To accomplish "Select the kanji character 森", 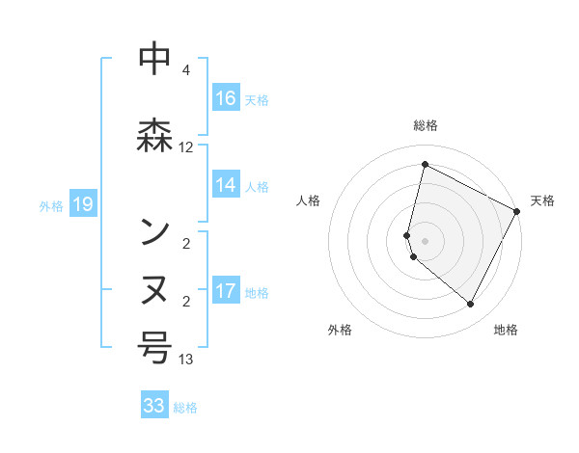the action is (x=155, y=134).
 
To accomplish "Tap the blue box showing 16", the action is (x=226, y=97).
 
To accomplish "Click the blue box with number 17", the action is (x=226, y=290).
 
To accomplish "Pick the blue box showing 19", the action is (x=82, y=203).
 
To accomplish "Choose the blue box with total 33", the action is (x=154, y=406).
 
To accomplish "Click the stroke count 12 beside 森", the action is (x=186, y=147).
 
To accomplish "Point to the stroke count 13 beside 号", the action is (x=186, y=360).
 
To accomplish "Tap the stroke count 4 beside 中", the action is (x=186, y=70).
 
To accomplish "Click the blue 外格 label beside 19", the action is (x=51, y=205).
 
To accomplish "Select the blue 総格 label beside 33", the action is (x=185, y=408).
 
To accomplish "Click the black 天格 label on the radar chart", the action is (x=542, y=200).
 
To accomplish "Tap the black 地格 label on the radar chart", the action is (x=506, y=330).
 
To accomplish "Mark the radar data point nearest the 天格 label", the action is (x=517, y=211).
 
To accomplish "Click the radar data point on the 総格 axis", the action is (x=425, y=165).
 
